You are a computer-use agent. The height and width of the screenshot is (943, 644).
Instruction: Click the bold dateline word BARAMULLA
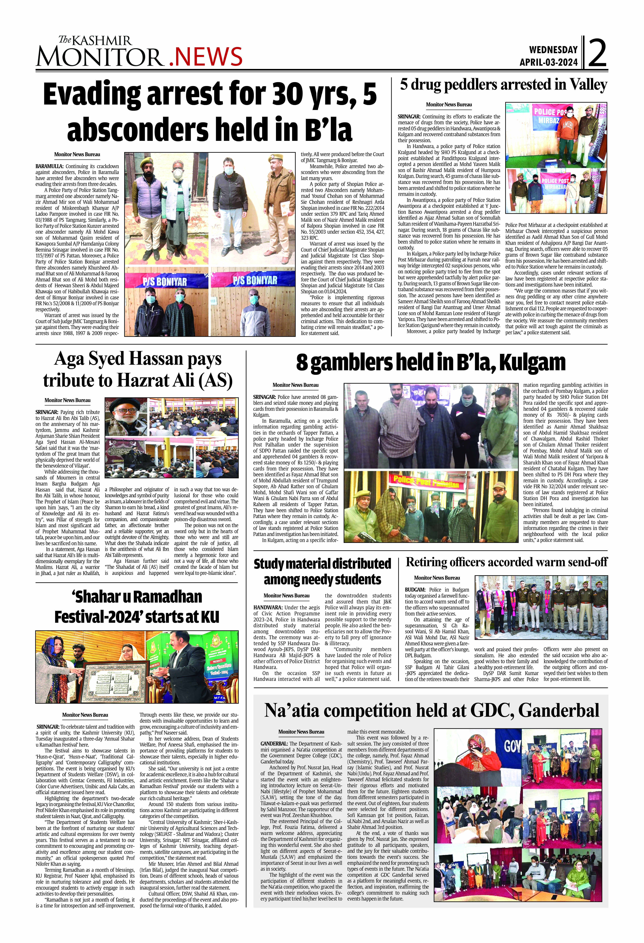pos(49,166)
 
